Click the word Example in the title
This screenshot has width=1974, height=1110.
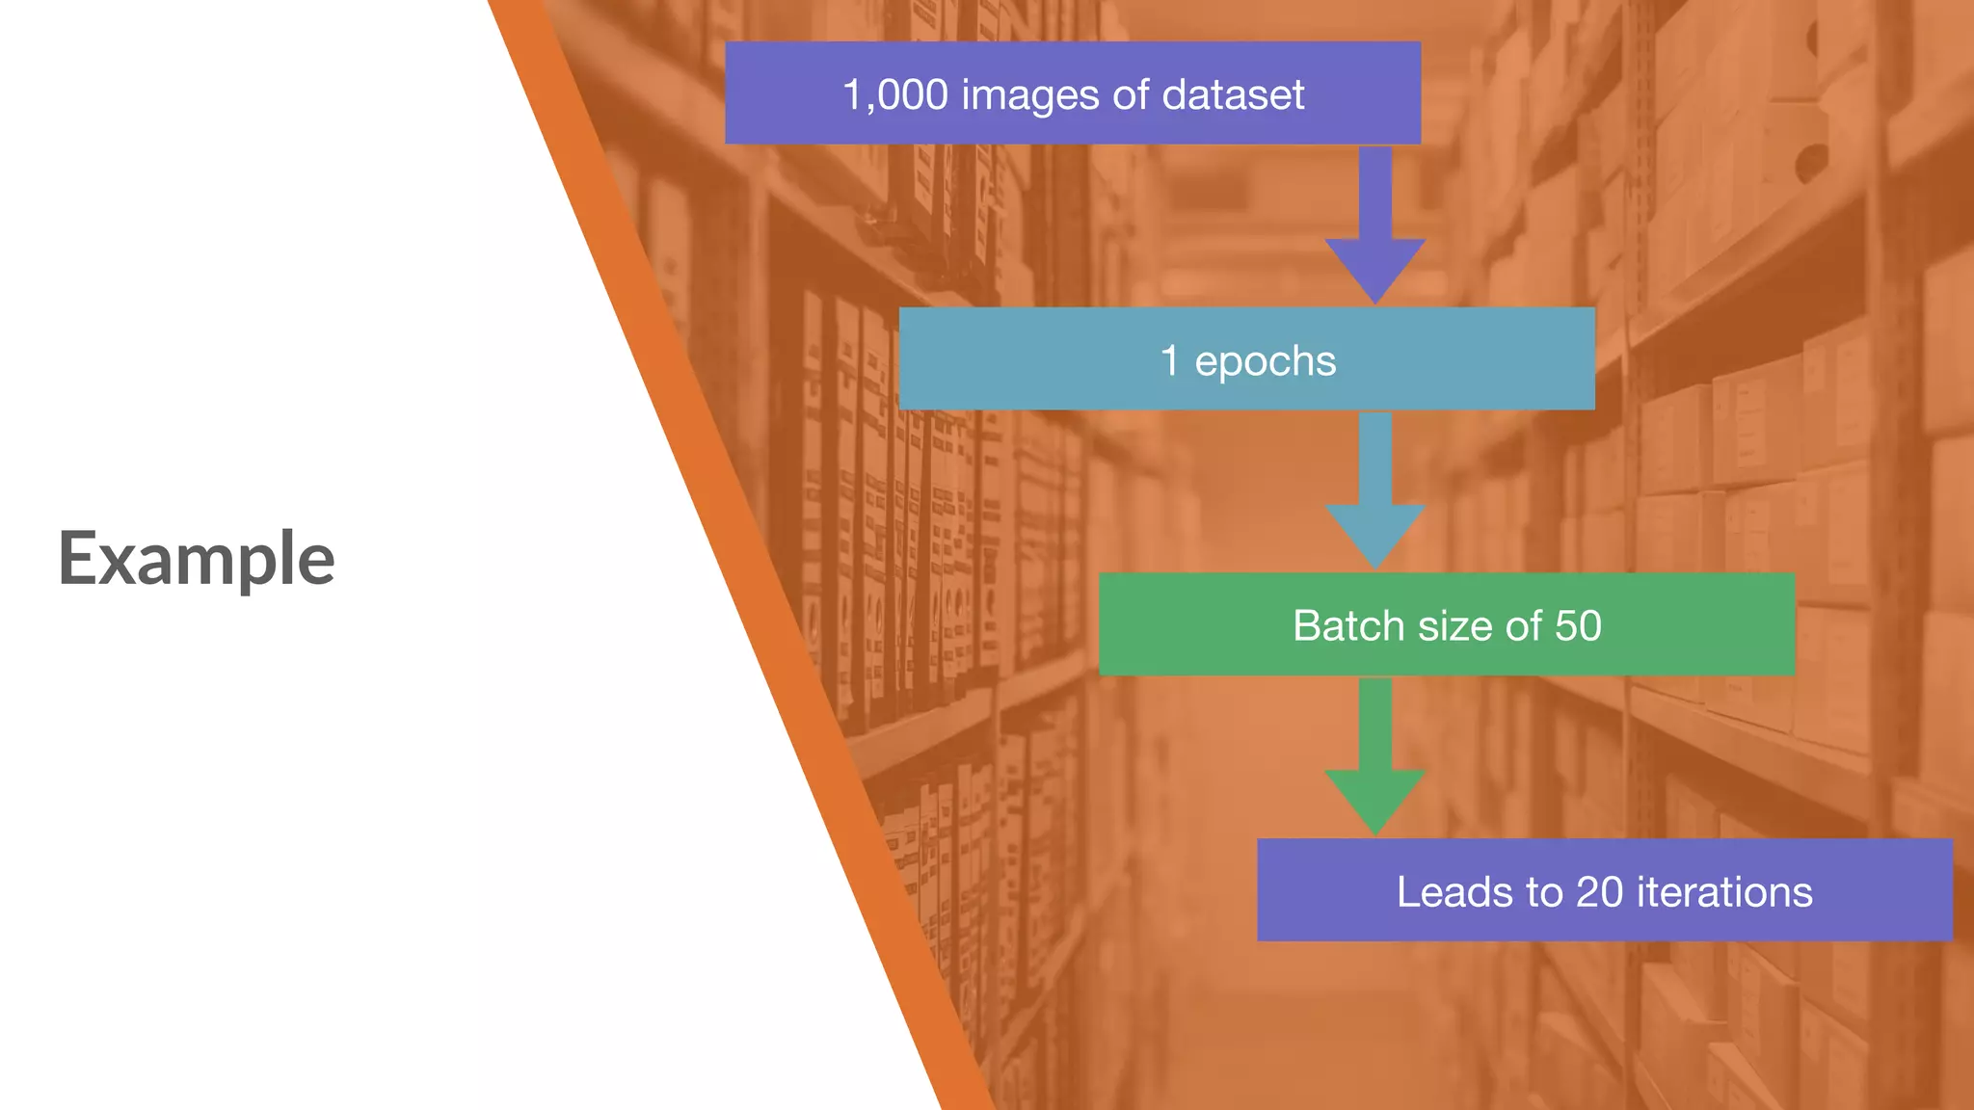click(x=197, y=559)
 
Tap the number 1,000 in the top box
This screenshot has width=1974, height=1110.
click(x=895, y=95)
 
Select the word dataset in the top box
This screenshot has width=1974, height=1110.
click(x=1233, y=95)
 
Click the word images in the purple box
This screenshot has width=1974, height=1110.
click(x=1029, y=95)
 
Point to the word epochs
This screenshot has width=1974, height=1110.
click(x=1265, y=361)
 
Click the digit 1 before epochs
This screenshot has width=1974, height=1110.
click(x=1169, y=361)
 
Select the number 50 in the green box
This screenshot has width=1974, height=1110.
click(x=1578, y=626)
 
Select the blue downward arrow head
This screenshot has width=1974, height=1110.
click(x=1375, y=534)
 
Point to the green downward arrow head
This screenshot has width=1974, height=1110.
click(x=1375, y=800)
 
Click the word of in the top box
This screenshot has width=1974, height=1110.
click(x=1131, y=95)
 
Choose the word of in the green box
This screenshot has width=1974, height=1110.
click(x=1524, y=626)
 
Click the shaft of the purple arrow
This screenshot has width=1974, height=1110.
click(x=1375, y=193)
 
